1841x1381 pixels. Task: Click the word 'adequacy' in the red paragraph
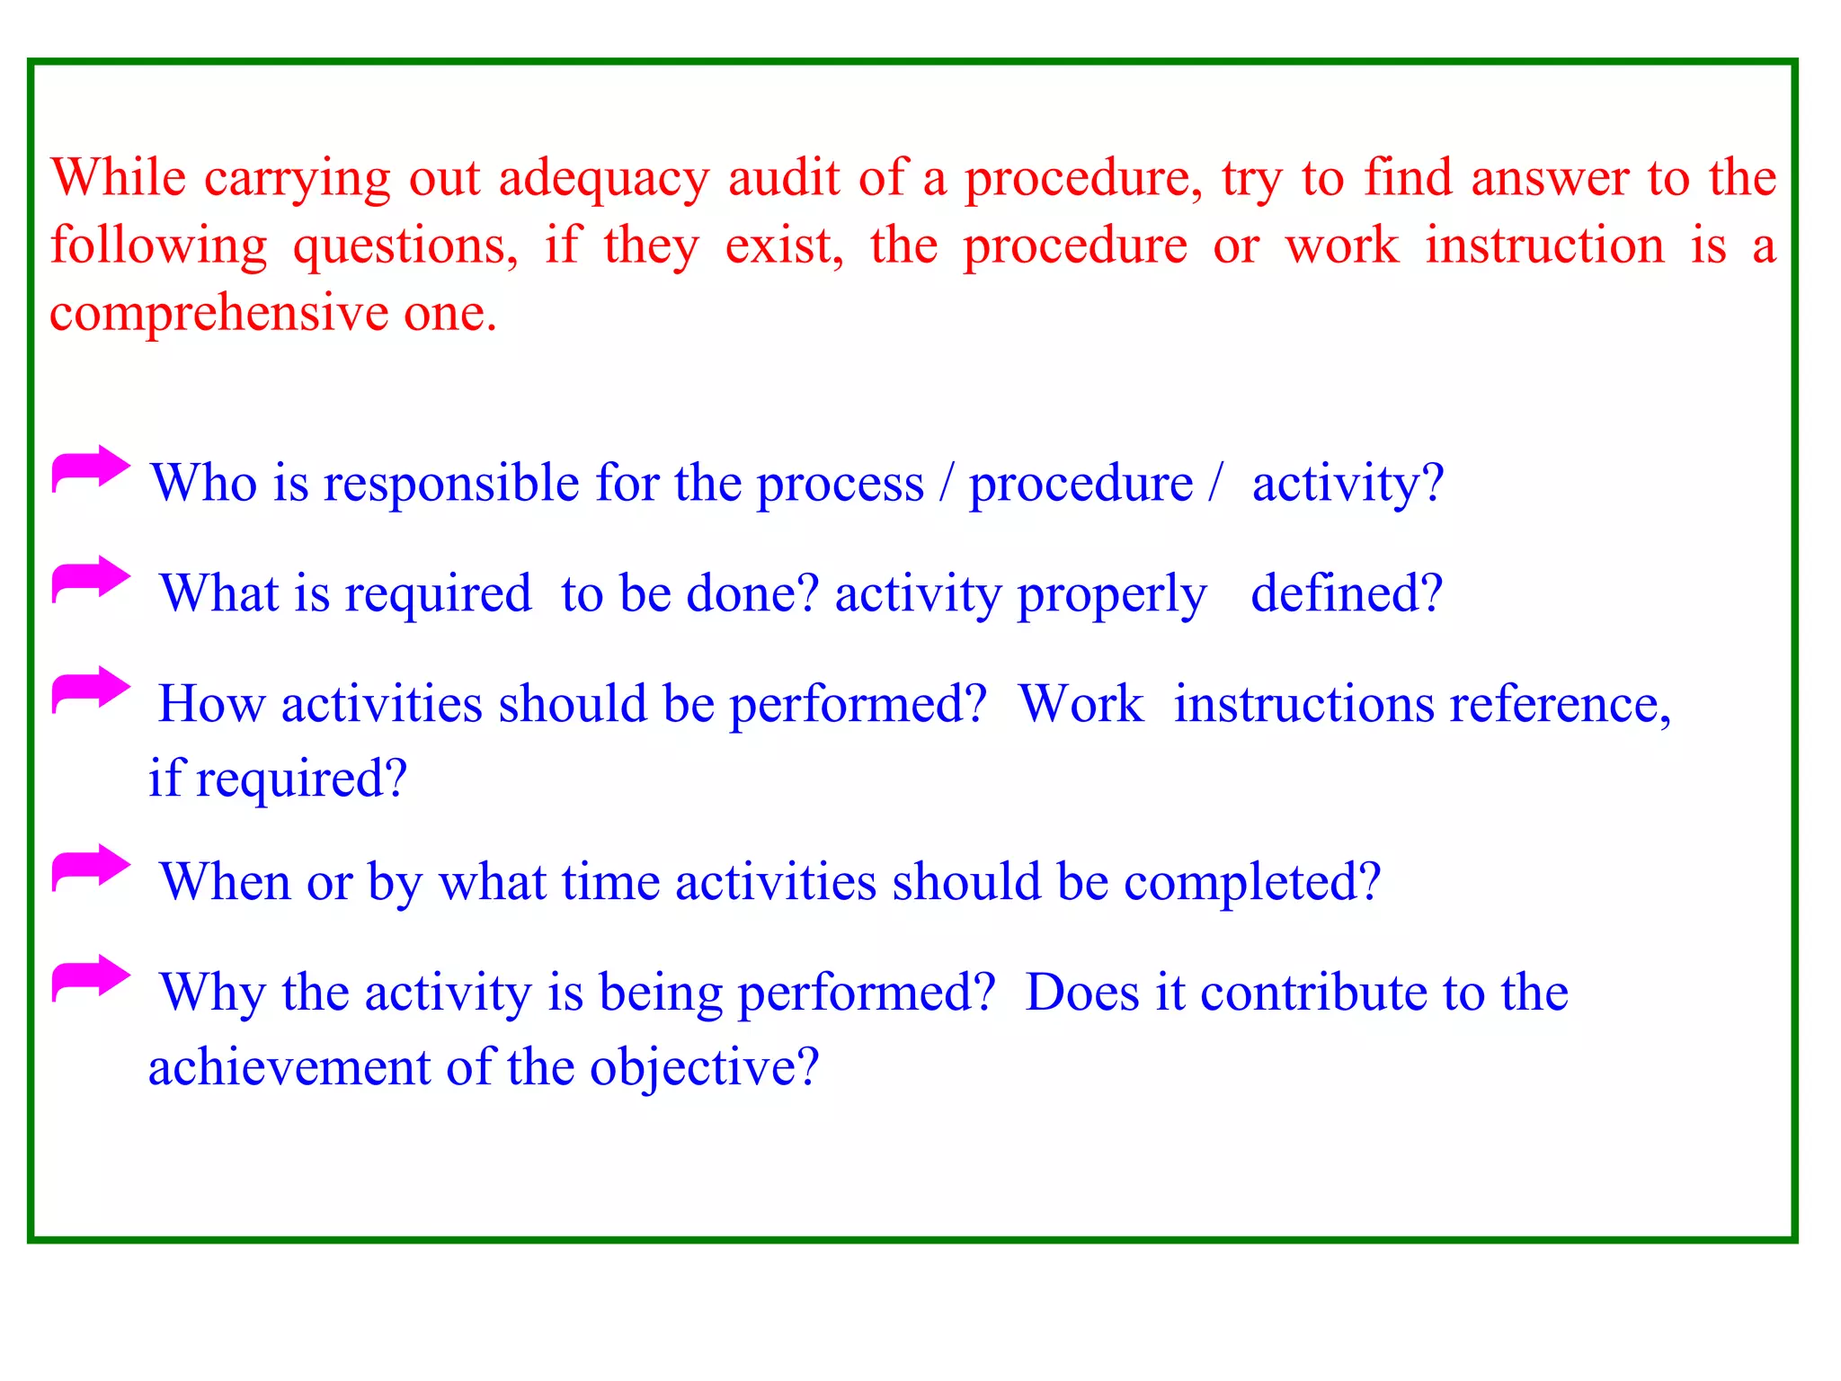click(x=603, y=178)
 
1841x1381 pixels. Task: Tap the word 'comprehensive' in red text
click(x=218, y=314)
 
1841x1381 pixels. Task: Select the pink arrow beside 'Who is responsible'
click(x=91, y=468)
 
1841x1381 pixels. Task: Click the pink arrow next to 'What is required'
click(x=91, y=579)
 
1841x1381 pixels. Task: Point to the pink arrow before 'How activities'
click(x=91, y=690)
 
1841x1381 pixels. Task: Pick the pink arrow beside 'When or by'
click(x=91, y=868)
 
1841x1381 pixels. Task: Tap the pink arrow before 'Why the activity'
click(x=91, y=978)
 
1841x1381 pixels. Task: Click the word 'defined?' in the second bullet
click(x=1346, y=593)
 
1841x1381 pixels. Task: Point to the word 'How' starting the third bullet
click(x=211, y=704)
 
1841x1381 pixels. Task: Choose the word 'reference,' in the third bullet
click(x=1560, y=704)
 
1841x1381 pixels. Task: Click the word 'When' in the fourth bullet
click(x=225, y=882)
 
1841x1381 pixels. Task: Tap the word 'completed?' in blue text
click(x=1251, y=882)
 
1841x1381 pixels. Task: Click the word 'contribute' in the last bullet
click(x=1313, y=993)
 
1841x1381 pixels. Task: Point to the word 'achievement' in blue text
click(x=289, y=1067)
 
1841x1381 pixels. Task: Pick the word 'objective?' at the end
click(x=704, y=1067)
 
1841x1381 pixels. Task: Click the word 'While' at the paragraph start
click(x=118, y=177)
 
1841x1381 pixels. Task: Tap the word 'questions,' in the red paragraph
click(x=405, y=245)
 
